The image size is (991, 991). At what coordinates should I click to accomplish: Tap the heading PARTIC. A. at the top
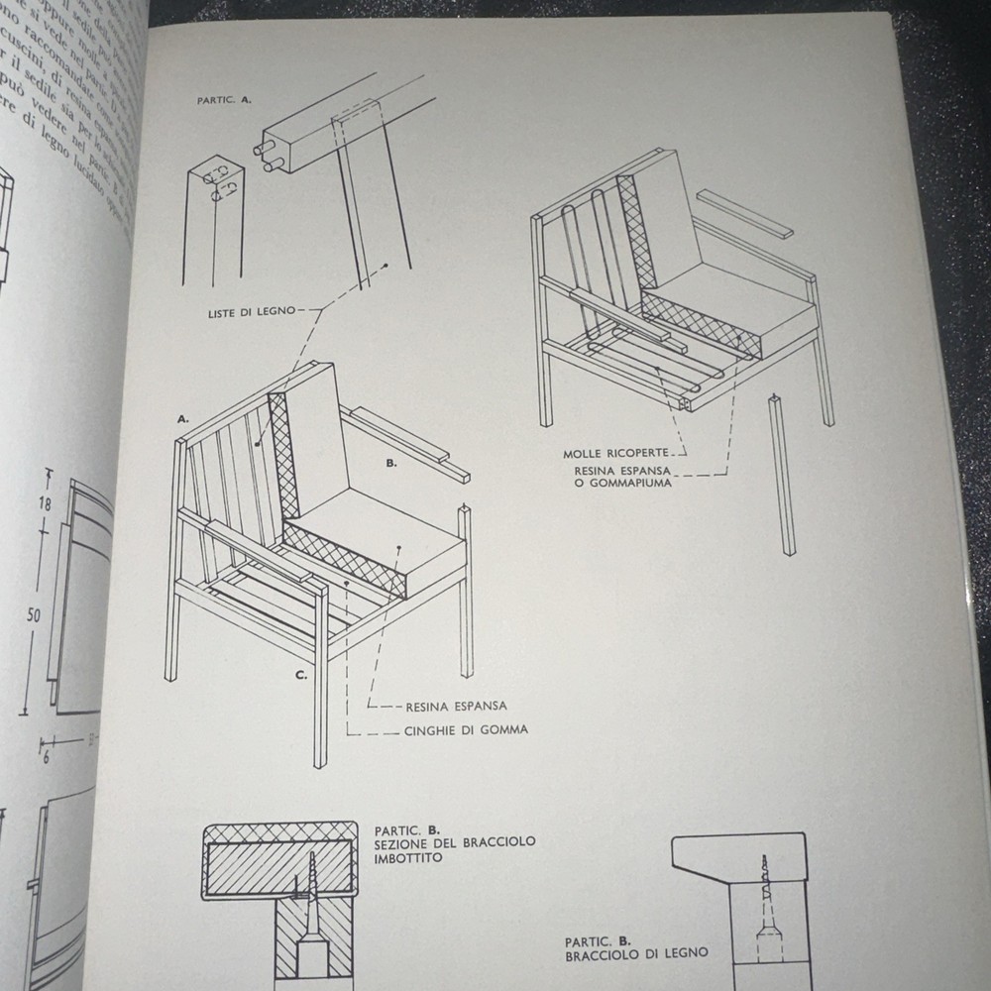pyautogui.click(x=224, y=101)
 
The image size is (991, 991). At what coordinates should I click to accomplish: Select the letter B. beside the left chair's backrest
pyautogui.click(x=391, y=462)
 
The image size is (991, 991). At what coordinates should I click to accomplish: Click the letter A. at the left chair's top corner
pyautogui.click(x=183, y=419)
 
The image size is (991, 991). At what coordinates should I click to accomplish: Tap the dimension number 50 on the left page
pyautogui.click(x=34, y=615)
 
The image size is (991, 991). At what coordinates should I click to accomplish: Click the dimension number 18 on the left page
pyautogui.click(x=45, y=503)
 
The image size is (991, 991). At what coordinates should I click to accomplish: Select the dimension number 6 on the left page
pyautogui.click(x=46, y=757)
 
